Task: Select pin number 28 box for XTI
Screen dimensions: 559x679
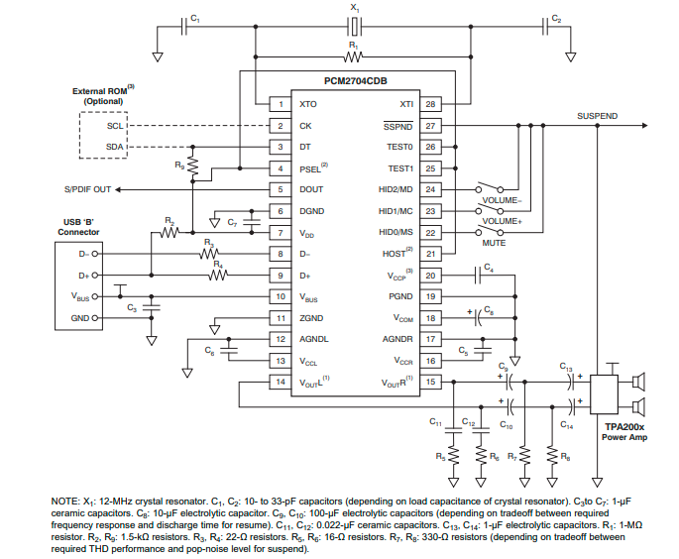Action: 429,103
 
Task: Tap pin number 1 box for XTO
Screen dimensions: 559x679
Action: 280,103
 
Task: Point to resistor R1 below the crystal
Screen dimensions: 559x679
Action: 354,56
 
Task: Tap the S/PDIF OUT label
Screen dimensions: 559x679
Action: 88,189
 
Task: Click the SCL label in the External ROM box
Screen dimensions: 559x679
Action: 115,127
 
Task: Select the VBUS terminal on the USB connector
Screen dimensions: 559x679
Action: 81,296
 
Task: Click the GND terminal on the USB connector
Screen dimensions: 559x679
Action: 79,318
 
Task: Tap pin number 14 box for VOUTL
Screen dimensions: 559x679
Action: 280,382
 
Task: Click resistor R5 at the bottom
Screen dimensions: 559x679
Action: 452,457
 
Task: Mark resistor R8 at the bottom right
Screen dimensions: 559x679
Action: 551,457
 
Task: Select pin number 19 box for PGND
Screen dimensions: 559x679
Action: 429,296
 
